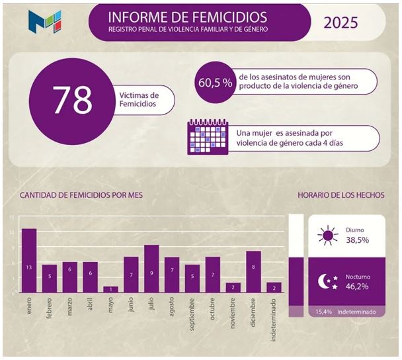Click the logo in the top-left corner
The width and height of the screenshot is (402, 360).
(44, 22)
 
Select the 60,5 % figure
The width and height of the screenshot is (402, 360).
(215, 83)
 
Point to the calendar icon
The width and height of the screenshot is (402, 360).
(208, 137)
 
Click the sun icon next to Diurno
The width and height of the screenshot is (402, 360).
(327, 236)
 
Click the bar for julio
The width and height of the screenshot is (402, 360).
(151, 269)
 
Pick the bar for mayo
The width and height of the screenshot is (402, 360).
(110, 289)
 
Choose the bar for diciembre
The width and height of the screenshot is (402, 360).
(253, 271)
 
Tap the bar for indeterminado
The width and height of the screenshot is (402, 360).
(274, 287)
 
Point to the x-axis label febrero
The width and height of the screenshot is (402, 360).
(49, 315)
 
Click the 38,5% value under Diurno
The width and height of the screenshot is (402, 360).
(357, 240)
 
